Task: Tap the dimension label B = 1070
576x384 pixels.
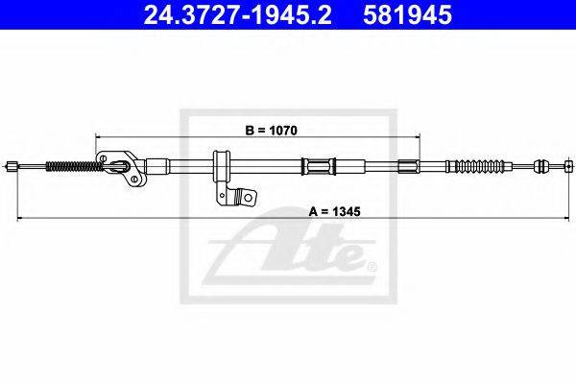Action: (258, 125)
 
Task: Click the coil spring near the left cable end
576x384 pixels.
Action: (73, 166)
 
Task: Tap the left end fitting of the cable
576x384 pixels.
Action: (12, 166)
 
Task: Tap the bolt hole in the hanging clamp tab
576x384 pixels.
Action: (246, 198)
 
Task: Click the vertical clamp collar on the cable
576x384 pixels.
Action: (219, 169)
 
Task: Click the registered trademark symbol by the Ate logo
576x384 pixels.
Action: (372, 265)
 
